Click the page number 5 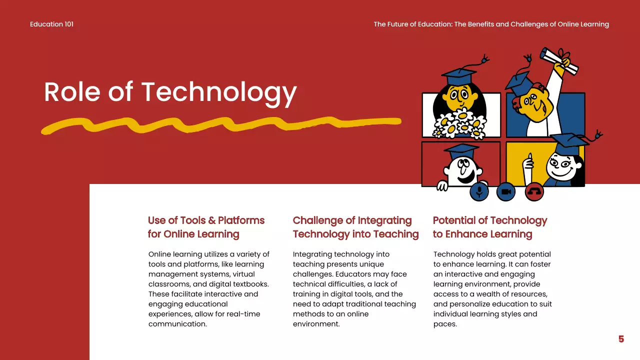621,339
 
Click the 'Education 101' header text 51,24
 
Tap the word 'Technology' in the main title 219,92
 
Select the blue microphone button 479,192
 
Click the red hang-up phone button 534,192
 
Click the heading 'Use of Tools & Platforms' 206,220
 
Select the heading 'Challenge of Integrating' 352,220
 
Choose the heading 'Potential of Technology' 490,220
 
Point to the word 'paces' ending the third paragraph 444,324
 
